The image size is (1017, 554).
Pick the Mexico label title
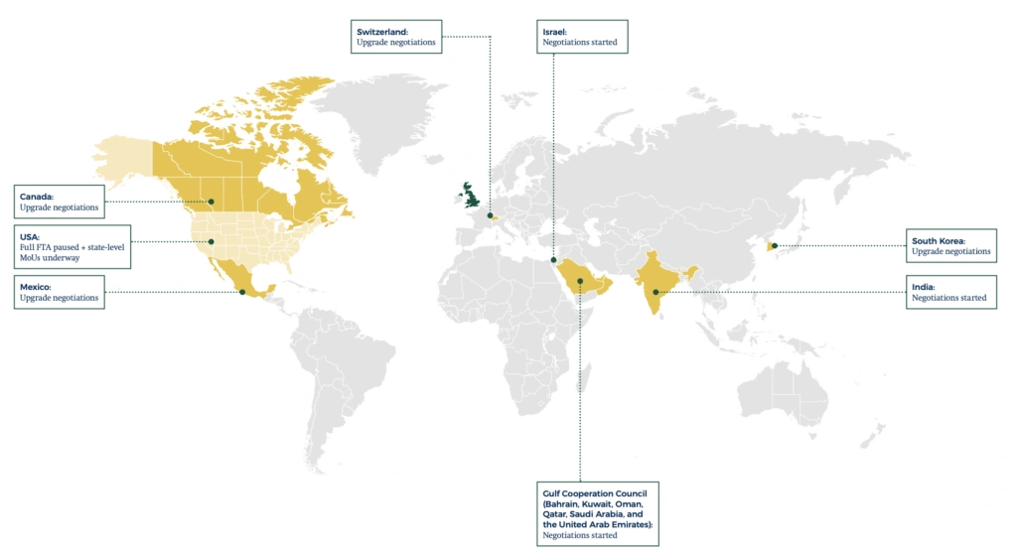point(37,286)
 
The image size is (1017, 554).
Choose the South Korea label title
point(939,240)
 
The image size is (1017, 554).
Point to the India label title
point(922,286)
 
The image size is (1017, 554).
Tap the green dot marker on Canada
point(212,203)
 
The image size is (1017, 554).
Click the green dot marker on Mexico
point(242,292)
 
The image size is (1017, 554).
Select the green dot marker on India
point(655,292)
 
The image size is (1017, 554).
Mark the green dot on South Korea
point(774,245)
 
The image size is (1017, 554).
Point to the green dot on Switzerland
point(490,214)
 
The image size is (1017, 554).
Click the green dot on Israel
point(552,261)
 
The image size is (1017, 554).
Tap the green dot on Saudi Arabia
point(580,281)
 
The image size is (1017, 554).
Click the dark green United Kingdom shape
point(467,196)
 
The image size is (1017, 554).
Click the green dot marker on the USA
point(212,241)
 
